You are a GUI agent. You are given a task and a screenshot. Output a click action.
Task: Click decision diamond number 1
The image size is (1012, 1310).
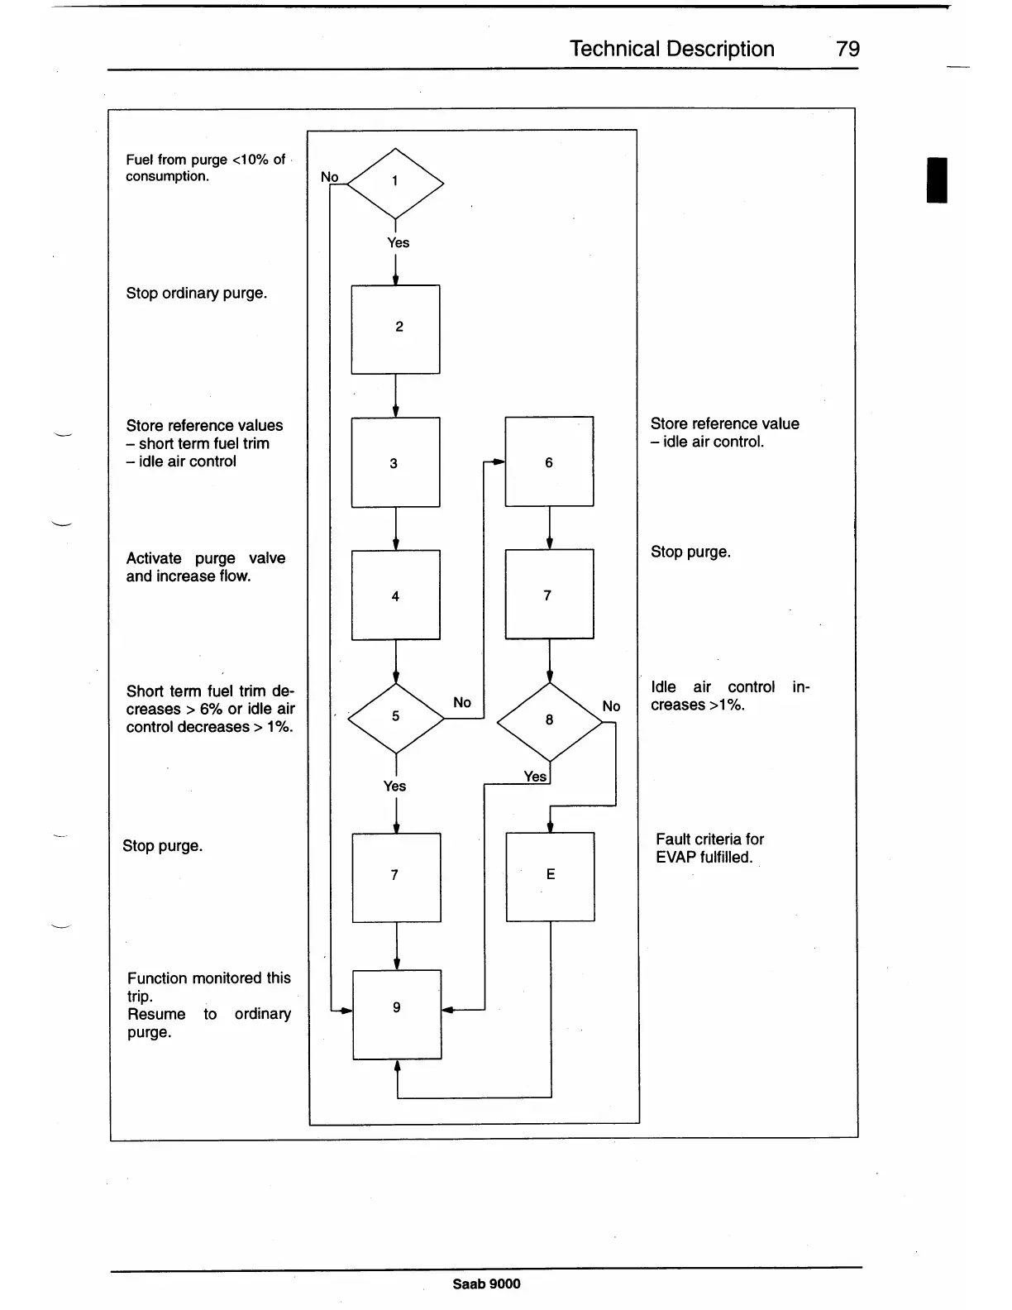click(395, 182)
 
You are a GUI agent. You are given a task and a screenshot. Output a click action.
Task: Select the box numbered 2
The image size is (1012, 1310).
click(395, 329)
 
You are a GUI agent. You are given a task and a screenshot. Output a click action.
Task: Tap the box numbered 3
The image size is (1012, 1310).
click(395, 461)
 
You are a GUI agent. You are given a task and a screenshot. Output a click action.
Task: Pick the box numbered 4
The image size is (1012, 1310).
click(395, 595)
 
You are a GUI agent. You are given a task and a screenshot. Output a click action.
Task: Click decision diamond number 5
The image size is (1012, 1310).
click(396, 717)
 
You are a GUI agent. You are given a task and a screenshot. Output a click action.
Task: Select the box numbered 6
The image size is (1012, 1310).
click(549, 461)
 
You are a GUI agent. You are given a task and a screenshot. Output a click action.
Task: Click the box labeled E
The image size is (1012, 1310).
click(550, 877)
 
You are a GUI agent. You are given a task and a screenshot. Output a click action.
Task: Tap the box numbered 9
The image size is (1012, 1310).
click(397, 1014)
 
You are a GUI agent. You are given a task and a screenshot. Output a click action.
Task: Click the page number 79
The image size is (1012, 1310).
click(847, 49)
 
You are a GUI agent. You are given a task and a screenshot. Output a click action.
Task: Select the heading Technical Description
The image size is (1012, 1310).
click(671, 49)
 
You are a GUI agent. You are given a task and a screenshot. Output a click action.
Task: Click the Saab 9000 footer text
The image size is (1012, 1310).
click(486, 1284)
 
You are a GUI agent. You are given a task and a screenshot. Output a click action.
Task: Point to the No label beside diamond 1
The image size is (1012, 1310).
click(329, 177)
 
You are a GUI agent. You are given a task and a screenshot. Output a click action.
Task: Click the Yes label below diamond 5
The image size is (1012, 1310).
click(394, 786)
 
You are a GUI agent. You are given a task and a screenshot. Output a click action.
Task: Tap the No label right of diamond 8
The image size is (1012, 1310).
click(611, 706)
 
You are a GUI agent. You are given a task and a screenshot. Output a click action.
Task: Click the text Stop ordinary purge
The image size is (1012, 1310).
click(196, 294)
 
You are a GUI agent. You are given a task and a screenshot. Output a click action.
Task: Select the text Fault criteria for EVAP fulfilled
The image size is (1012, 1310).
click(709, 849)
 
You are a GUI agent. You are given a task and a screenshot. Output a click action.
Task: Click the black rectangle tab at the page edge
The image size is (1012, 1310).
click(937, 179)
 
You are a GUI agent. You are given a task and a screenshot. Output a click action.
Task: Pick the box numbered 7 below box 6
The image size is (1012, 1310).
click(549, 594)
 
